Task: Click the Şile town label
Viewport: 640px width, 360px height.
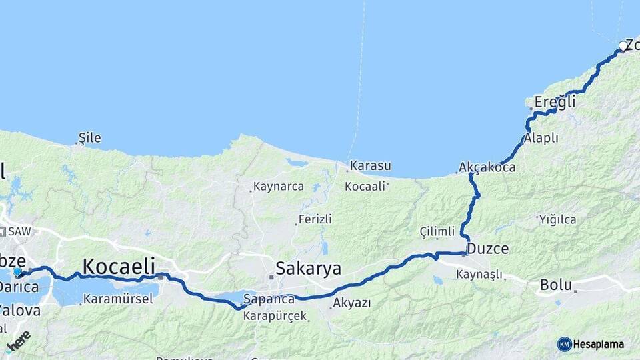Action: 90,138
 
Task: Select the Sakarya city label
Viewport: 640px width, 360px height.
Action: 308,269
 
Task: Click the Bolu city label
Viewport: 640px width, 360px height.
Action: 556,285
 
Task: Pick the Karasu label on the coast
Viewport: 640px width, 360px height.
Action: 371,165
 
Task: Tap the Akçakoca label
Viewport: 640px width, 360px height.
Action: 487,167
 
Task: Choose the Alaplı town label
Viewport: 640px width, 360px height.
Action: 541,138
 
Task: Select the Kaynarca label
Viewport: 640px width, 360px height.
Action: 279,187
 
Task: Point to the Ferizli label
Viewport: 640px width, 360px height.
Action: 315,219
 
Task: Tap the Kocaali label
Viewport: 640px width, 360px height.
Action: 365,187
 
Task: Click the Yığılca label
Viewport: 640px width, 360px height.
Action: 557,219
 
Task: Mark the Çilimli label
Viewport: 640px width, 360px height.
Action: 437,231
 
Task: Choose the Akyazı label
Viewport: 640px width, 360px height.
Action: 351,304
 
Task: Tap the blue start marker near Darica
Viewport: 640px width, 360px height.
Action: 17,271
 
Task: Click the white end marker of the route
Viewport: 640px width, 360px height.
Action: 623,46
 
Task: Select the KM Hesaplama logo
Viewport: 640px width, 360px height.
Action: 591,344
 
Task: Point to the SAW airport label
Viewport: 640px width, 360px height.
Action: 17,231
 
